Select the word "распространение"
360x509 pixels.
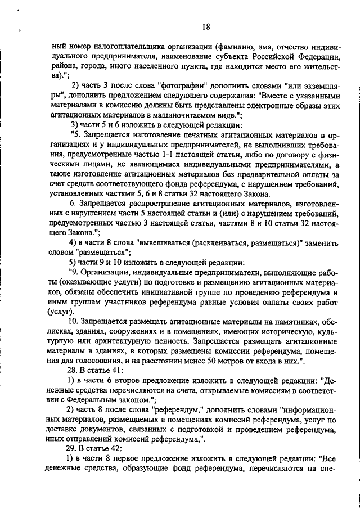(x=140, y=202)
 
